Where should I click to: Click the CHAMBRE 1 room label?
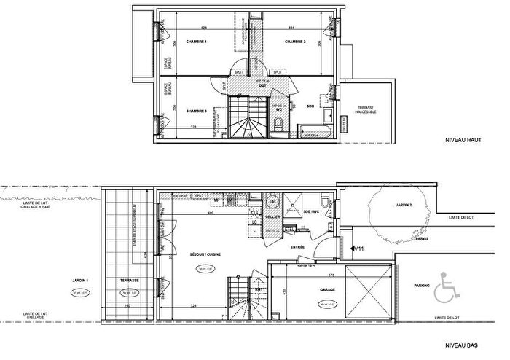pyautogui.click(x=195, y=42)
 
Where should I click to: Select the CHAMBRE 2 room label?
pyautogui.click(x=294, y=42)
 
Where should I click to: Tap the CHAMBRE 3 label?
pyautogui.click(x=197, y=111)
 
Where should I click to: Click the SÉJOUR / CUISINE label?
pyautogui.click(x=205, y=254)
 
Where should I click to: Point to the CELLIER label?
pyautogui.click(x=272, y=217)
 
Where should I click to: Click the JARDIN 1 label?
pyautogui.click(x=80, y=280)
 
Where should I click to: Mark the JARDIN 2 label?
pyautogui.click(x=394, y=205)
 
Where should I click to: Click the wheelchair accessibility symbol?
pyautogui.click(x=442, y=292)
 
